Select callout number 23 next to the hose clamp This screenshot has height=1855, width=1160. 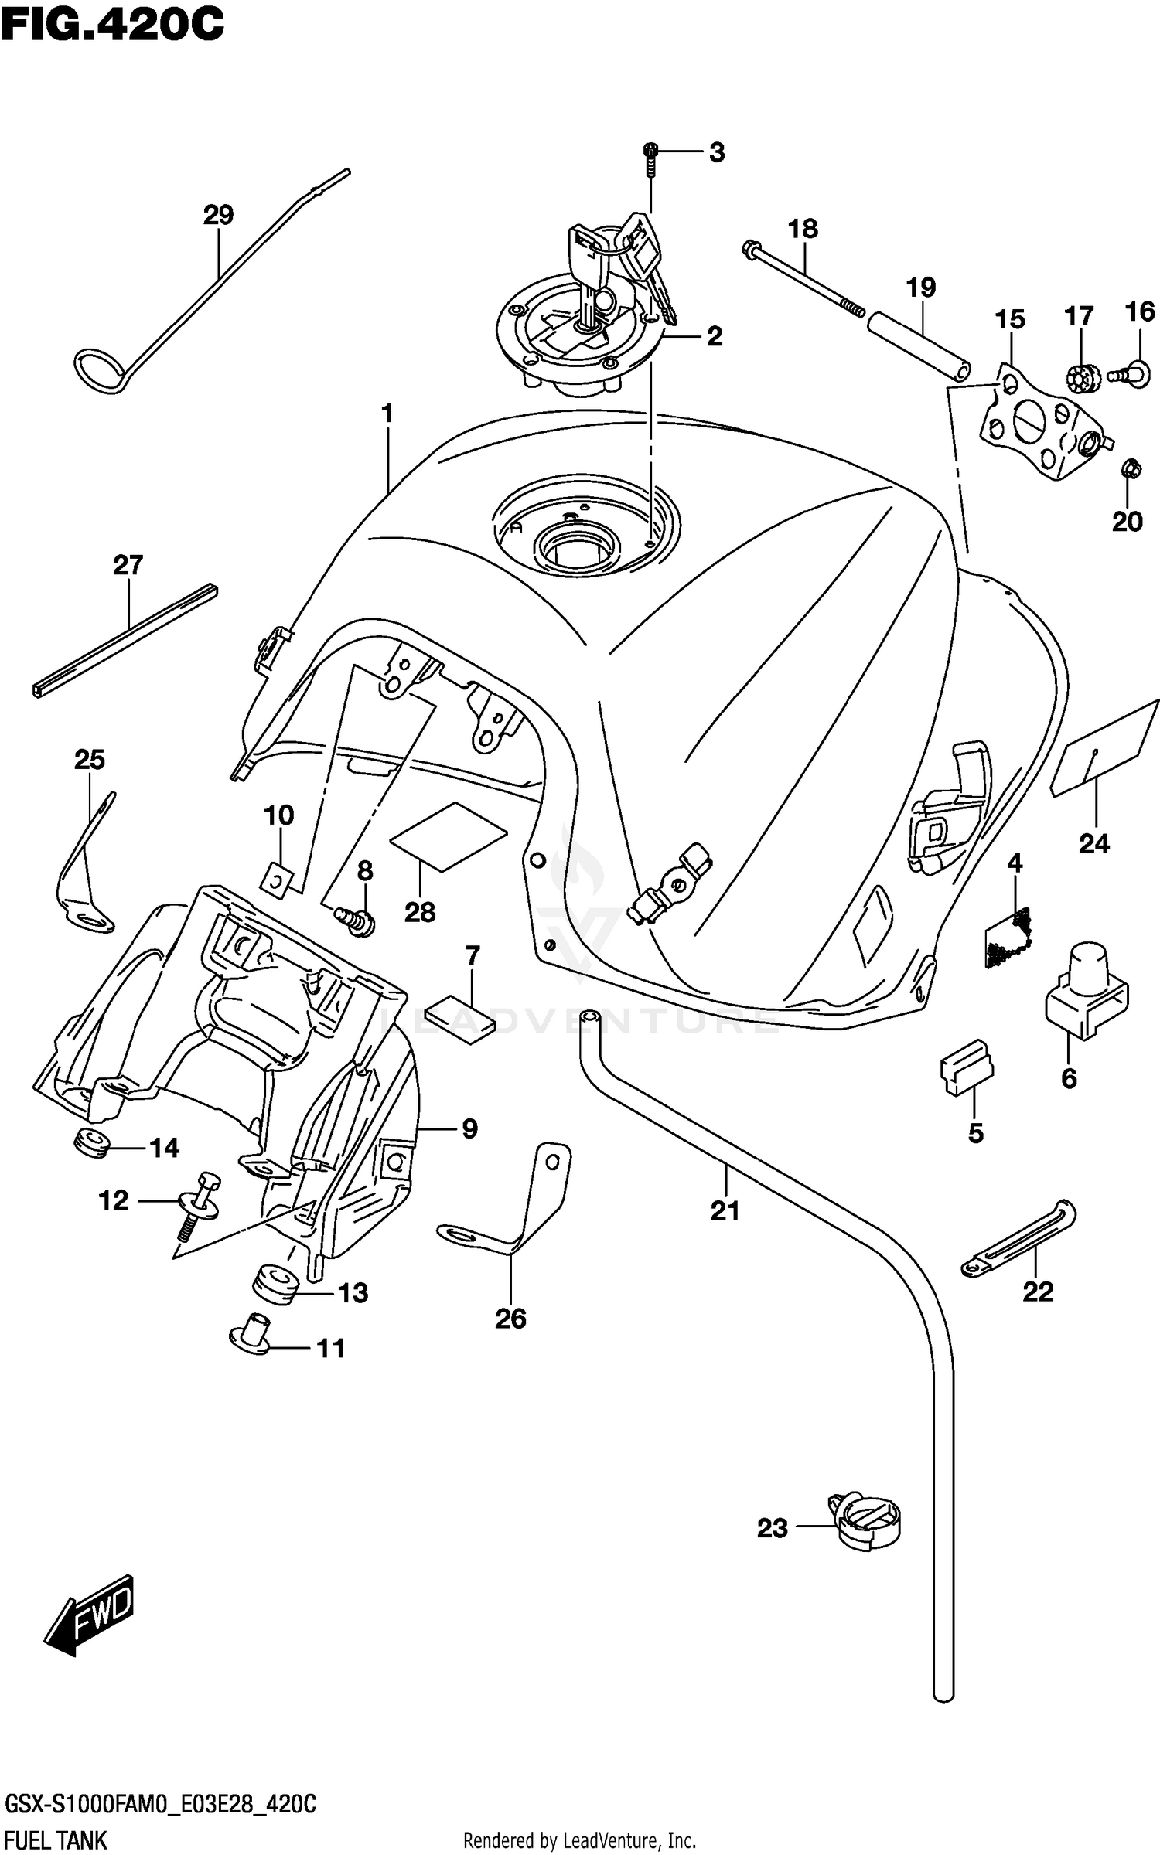tap(772, 1527)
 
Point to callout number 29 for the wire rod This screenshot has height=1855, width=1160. tap(218, 214)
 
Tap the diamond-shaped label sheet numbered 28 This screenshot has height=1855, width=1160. tap(449, 836)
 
